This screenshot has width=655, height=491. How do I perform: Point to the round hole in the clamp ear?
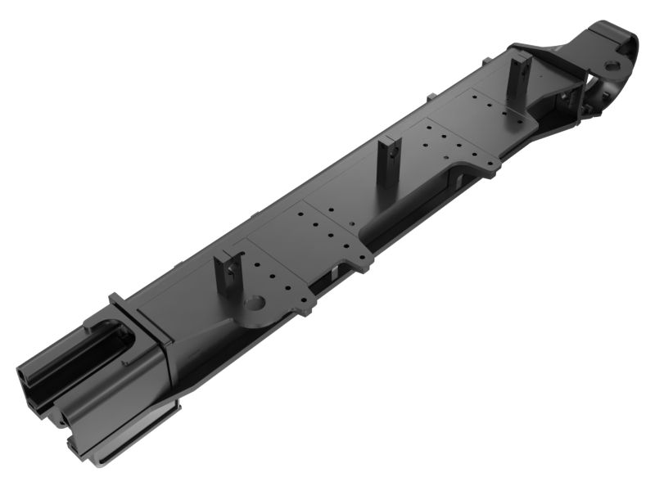pos(612,65)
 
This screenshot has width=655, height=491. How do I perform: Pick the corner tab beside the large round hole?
pos(307,308)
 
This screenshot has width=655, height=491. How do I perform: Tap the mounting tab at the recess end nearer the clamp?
pos(490,167)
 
